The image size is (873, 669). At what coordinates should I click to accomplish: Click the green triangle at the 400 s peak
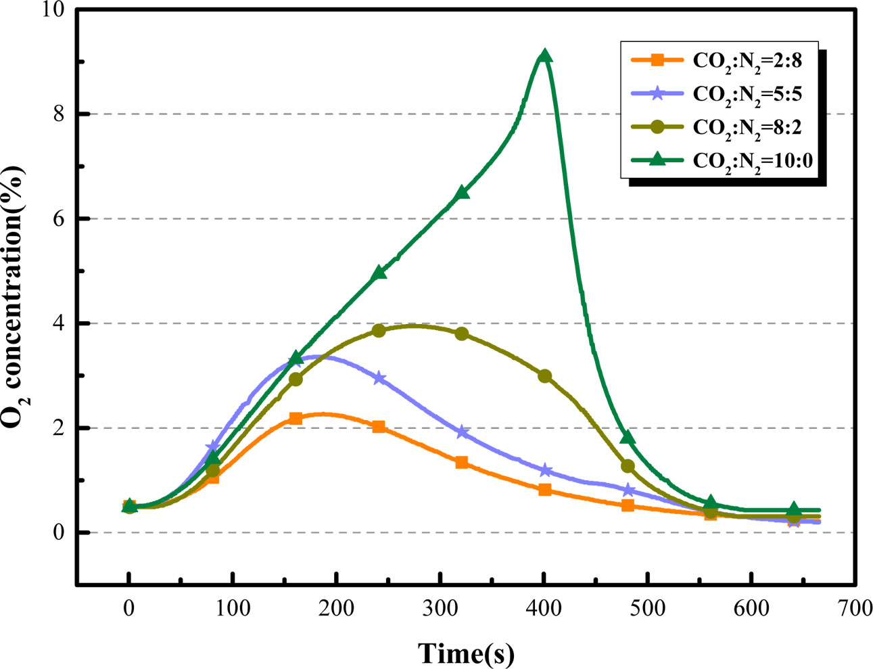click(544, 56)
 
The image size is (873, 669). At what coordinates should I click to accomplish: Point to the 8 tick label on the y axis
click(59, 114)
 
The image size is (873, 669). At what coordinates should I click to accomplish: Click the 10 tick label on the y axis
click(53, 10)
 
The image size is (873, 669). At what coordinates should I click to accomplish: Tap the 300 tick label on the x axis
click(440, 608)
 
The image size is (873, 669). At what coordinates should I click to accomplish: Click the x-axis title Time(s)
click(466, 653)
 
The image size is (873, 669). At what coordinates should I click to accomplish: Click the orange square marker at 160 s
click(296, 419)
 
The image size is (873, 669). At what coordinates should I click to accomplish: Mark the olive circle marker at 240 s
click(379, 331)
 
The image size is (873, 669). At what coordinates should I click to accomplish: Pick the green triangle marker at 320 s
click(462, 193)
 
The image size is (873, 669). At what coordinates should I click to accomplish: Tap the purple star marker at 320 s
click(462, 432)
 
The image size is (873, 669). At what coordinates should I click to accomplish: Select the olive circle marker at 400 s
click(544, 376)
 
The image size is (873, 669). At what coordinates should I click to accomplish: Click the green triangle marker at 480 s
click(628, 438)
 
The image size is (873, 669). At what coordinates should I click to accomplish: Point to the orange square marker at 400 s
click(544, 490)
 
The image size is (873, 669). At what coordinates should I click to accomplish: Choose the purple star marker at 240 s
click(379, 378)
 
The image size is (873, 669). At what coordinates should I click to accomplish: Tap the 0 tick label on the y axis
click(59, 533)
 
